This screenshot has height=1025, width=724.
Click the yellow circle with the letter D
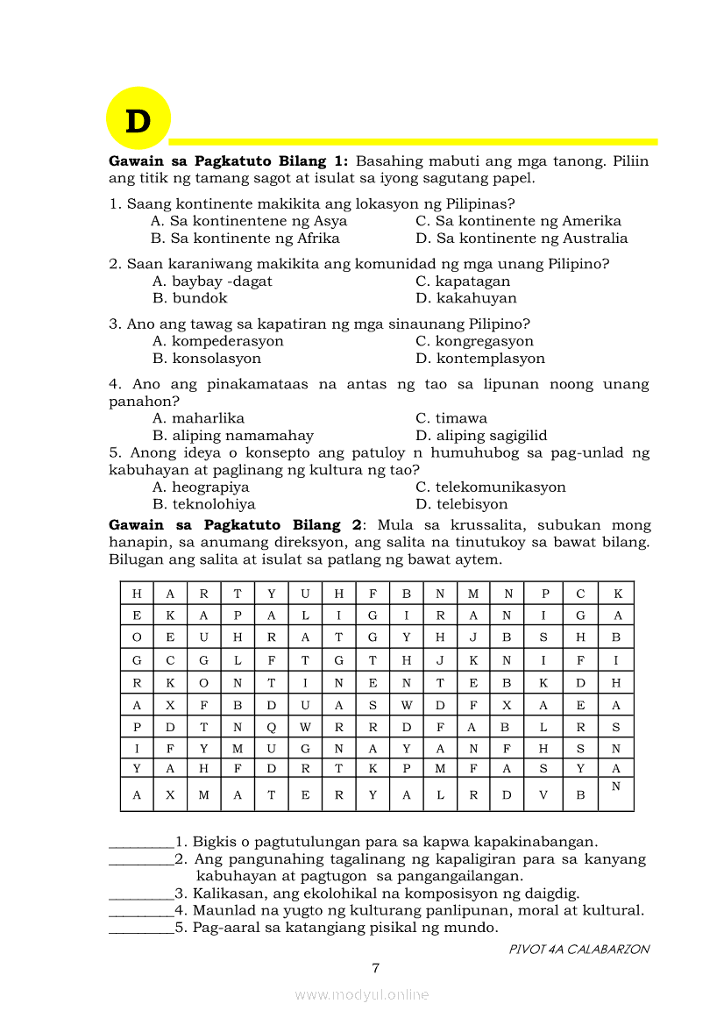(138, 118)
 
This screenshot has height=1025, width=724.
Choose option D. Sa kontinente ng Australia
(522, 238)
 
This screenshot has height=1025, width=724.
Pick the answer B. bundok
(189, 298)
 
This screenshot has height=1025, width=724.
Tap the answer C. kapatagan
(463, 281)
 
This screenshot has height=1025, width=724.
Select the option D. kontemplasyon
(480, 359)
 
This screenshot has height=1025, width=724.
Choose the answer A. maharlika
(198, 418)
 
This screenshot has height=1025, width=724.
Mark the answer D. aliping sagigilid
(481, 436)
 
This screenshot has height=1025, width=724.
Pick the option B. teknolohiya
(203, 504)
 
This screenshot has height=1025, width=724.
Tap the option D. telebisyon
(461, 504)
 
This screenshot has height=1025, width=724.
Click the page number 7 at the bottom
(376, 968)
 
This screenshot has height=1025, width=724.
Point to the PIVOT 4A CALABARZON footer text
(579, 949)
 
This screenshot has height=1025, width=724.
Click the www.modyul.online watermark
(362, 994)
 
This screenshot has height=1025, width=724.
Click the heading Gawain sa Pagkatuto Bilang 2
(235, 525)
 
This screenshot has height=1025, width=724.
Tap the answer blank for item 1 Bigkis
(141, 843)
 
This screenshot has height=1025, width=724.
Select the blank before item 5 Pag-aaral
(141, 928)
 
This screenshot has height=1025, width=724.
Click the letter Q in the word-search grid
(272, 727)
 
